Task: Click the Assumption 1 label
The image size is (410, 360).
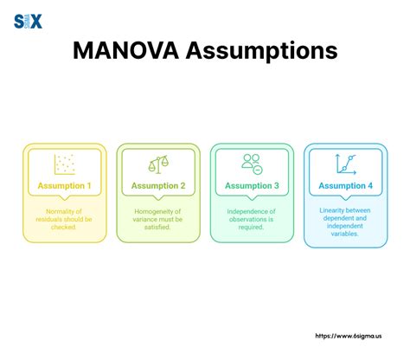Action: point(65,185)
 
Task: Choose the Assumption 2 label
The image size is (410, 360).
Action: point(158,185)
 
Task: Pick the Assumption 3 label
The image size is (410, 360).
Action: point(252,185)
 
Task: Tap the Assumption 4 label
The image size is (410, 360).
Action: point(346,185)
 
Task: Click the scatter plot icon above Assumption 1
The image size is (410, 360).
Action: point(64,163)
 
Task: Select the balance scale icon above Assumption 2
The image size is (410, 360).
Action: point(157,163)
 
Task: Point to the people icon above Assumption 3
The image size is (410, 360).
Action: point(252,163)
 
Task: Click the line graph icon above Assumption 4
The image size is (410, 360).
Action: point(345,163)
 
